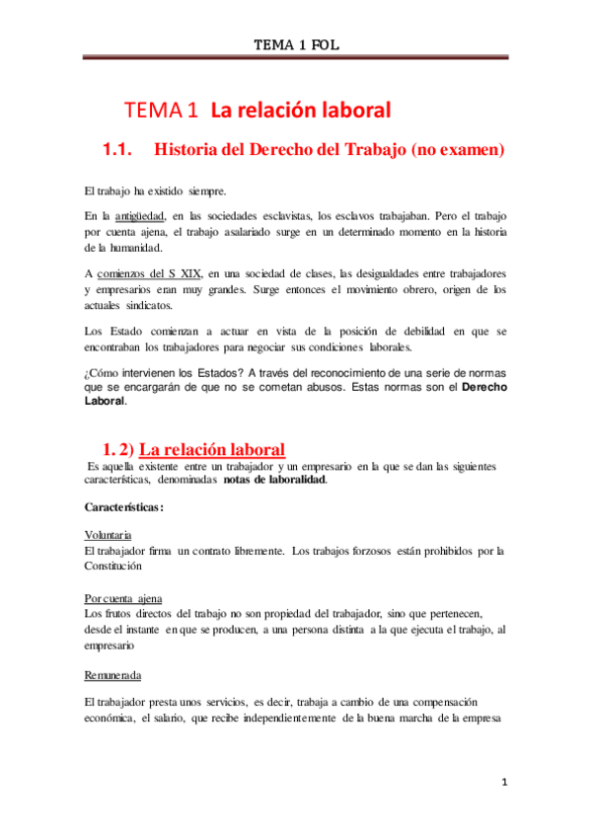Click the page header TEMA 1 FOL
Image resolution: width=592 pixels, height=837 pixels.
[x=297, y=44]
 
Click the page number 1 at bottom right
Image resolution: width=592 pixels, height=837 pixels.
[x=503, y=784]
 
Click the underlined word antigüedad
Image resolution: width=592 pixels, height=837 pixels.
[x=138, y=215]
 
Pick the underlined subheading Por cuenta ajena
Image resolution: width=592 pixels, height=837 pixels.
[x=123, y=599]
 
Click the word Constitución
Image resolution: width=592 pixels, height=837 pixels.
[x=113, y=567]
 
